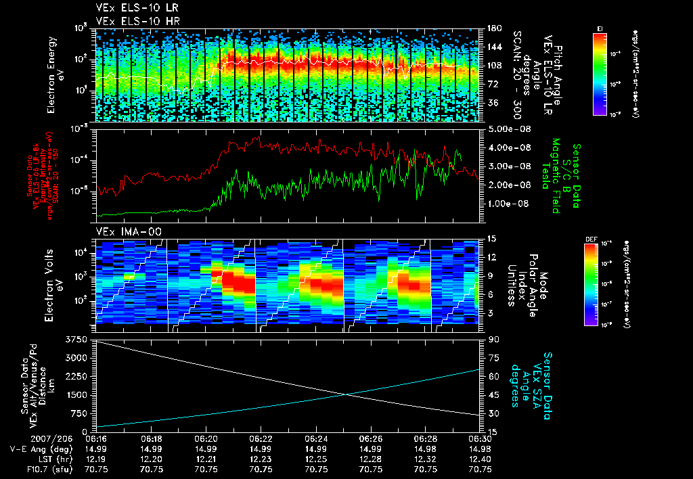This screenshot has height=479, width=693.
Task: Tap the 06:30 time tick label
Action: (480, 438)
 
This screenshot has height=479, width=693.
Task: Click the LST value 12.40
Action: (480, 458)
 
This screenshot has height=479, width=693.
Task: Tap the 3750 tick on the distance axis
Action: (79, 339)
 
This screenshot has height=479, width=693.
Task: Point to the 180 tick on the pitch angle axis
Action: (493, 28)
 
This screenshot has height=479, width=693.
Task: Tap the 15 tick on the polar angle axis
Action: (491, 238)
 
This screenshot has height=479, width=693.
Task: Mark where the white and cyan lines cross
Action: (346, 394)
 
